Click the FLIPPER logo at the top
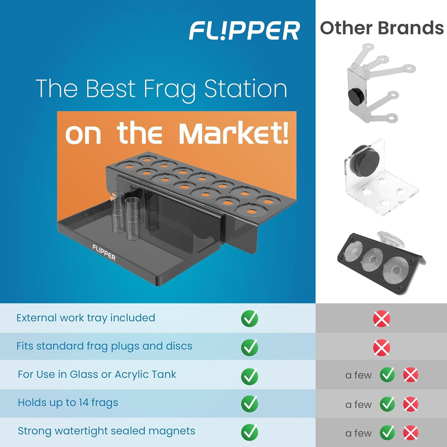click(244, 31)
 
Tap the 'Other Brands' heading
click(382, 28)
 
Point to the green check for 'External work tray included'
click(249, 318)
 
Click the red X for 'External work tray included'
click(382, 319)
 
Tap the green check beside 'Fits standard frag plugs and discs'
click(249, 347)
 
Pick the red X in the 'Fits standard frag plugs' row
click(382, 347)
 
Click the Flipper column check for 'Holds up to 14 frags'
click(249, 403)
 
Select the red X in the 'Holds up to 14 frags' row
click(410, 405)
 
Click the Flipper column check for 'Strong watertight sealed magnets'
click(249, 432)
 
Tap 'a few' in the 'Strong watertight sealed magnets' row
click(358, 433)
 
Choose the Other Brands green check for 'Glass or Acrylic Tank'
click(387, 375)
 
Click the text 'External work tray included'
click(86, 318)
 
